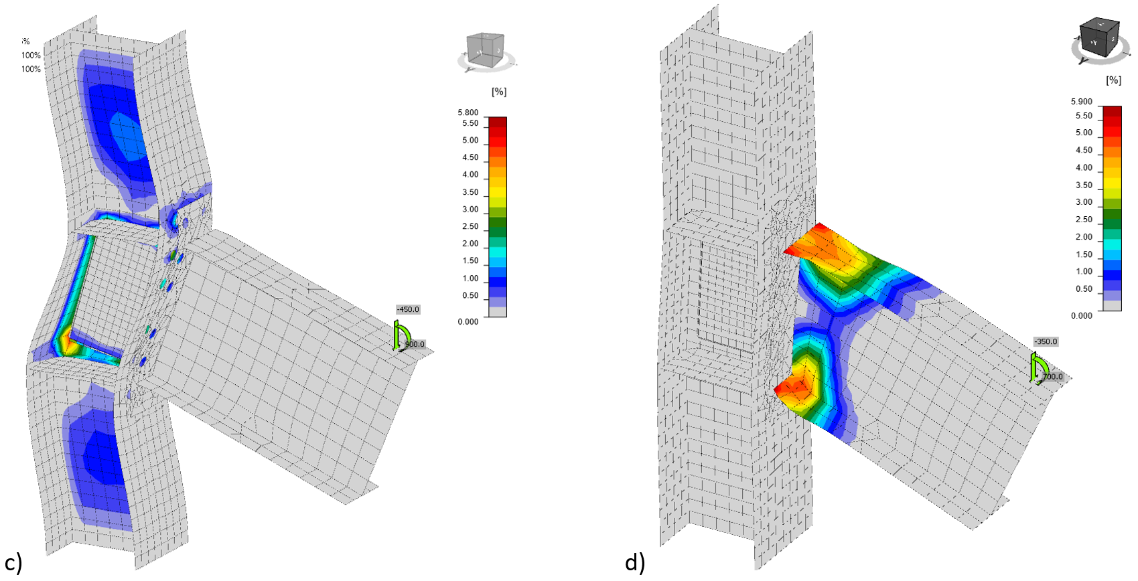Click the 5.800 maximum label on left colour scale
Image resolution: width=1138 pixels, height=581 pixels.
pyautogui.click(x=468, y=112)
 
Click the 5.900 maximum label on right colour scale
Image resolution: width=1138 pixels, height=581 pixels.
pyautogui.click(x=1081, y=102)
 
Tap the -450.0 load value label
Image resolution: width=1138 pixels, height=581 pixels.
pyautogui.click(x=407, y=309)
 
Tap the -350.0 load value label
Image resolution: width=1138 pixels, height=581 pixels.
pyautogui.click(x=1045, y=341)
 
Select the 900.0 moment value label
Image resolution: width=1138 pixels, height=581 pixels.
pyautogui.click(x=415, y=344)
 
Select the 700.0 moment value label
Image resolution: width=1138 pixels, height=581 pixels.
pyautogui.click(x=1052, y=377)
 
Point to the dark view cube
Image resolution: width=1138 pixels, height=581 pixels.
pyautogui.click(x=1098, y=38)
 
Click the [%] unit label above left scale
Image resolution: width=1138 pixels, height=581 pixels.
pyautogui.click(x=499, y=91)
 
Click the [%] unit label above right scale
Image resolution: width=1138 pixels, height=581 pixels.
pyautogui.click(x=1113, y=80)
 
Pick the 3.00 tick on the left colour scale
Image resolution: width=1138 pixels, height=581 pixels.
pyautogui.click(x=470, y=210)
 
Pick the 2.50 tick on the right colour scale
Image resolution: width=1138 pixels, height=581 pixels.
pyautogui.click(x=1084, y=220)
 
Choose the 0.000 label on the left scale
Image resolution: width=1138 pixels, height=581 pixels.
pyautogui.click(x=468, y=322)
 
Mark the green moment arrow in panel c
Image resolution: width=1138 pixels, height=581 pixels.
pyautogui.click(x=401, y=334)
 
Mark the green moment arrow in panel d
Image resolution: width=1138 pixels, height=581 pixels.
pyautogui.click(x=1038, y=367)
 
